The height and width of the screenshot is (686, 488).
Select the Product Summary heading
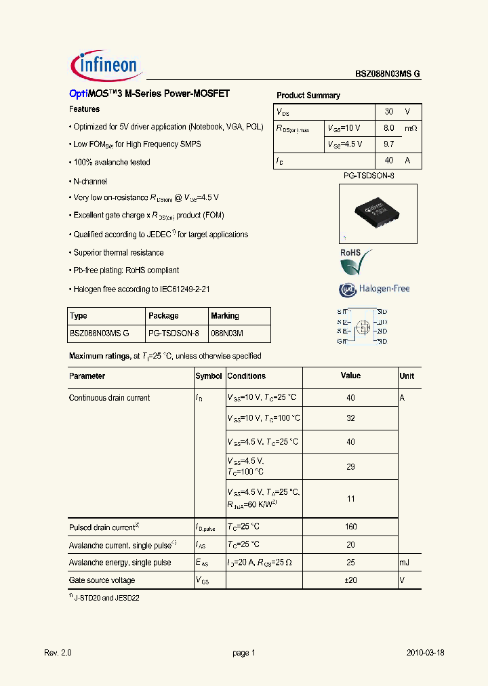308,96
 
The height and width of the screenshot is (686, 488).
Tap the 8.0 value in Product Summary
389,127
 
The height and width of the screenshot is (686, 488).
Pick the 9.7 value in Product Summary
389,144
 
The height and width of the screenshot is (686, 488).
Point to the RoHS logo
356,261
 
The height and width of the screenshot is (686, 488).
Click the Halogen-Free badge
374,289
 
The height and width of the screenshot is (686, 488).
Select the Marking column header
225,316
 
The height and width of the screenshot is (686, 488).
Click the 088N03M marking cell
227,334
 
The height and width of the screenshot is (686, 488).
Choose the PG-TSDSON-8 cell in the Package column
174,334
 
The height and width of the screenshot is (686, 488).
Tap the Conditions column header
247,376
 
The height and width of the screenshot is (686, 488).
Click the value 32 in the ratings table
350,418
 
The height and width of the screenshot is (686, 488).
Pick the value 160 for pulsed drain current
350,527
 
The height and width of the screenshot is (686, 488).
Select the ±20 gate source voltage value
350,580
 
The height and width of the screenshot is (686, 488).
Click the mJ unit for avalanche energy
405,563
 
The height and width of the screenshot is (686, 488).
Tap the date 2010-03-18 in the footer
425,653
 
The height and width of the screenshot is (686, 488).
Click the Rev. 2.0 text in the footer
58,653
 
